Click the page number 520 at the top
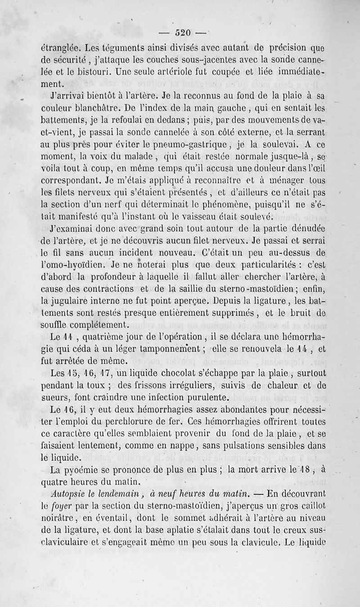183,32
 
